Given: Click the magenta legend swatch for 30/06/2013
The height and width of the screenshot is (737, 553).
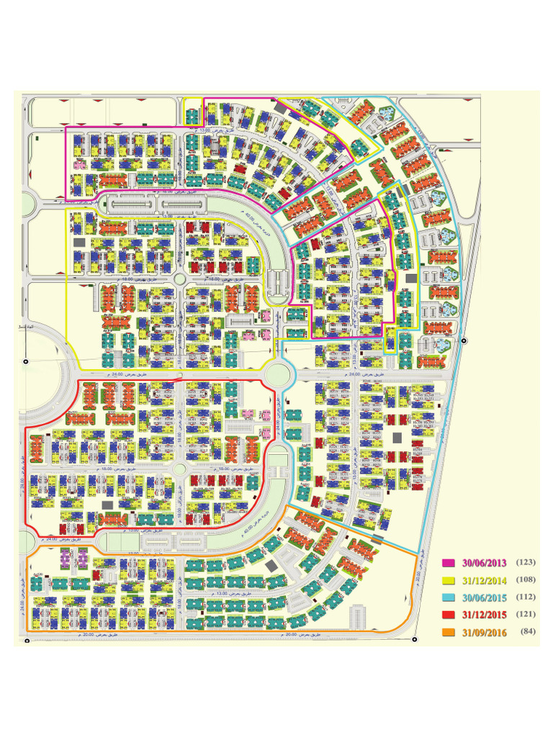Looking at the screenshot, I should (449, 562).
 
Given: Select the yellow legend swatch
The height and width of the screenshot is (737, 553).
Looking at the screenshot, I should (449, 579).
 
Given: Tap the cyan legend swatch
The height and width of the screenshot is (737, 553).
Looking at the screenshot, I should (449, 597).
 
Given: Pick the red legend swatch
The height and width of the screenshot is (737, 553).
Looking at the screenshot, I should (449, 615).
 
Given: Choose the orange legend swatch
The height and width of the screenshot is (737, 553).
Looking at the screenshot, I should (449, 632).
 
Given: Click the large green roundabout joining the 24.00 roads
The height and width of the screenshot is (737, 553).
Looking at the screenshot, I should (276, 374).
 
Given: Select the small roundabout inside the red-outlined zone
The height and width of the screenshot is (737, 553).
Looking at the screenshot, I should (180, 469).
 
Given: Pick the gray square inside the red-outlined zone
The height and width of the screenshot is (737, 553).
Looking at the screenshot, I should (107, 506).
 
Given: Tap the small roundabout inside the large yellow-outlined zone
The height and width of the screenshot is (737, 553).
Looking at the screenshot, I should (180, 279).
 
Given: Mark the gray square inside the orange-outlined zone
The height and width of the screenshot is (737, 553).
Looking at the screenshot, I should (271, 567).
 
